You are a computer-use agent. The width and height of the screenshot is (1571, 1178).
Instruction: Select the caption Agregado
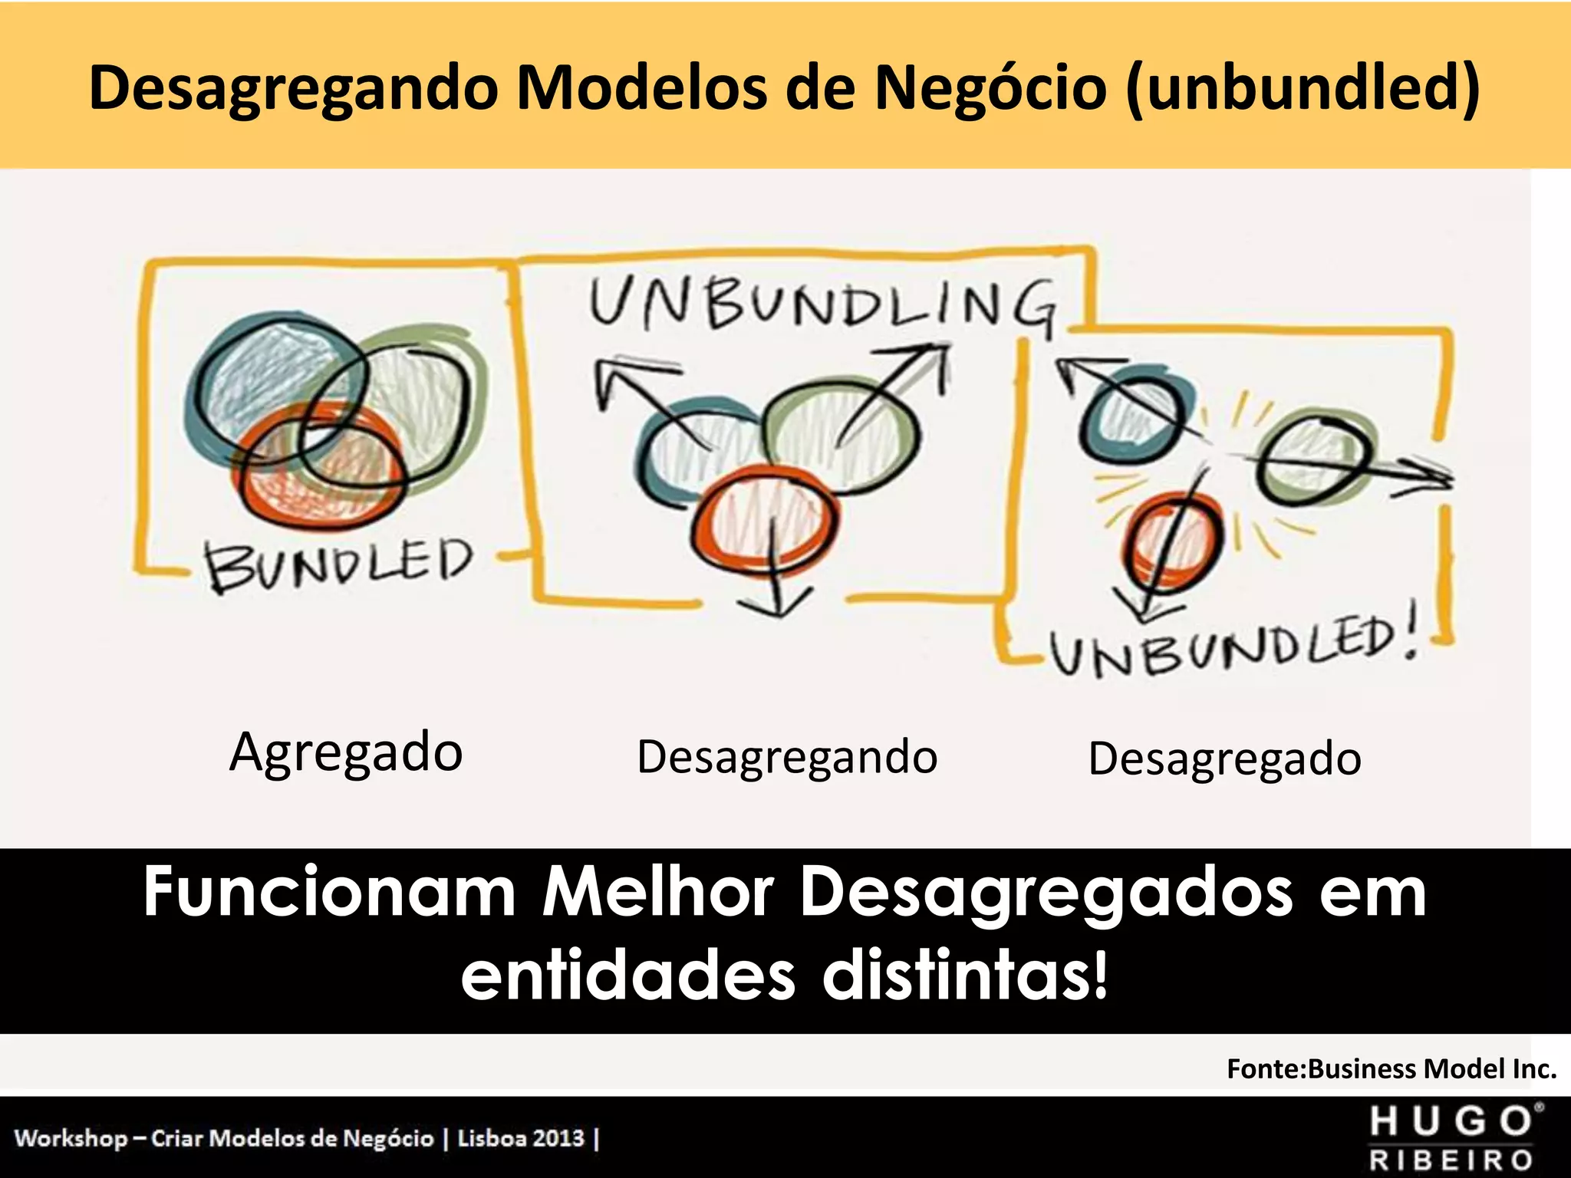346,753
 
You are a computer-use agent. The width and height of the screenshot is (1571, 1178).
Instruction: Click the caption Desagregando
787,758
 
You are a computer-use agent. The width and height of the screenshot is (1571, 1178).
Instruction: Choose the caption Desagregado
1224,759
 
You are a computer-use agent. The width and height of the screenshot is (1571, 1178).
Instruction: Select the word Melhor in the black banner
658,893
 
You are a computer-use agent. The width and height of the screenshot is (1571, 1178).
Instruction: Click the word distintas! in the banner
965,977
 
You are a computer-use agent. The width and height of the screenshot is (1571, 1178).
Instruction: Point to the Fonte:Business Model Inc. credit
1392,1068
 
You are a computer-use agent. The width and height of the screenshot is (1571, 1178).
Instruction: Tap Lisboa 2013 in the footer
521,1137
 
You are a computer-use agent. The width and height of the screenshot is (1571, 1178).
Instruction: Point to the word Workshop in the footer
71,1137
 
